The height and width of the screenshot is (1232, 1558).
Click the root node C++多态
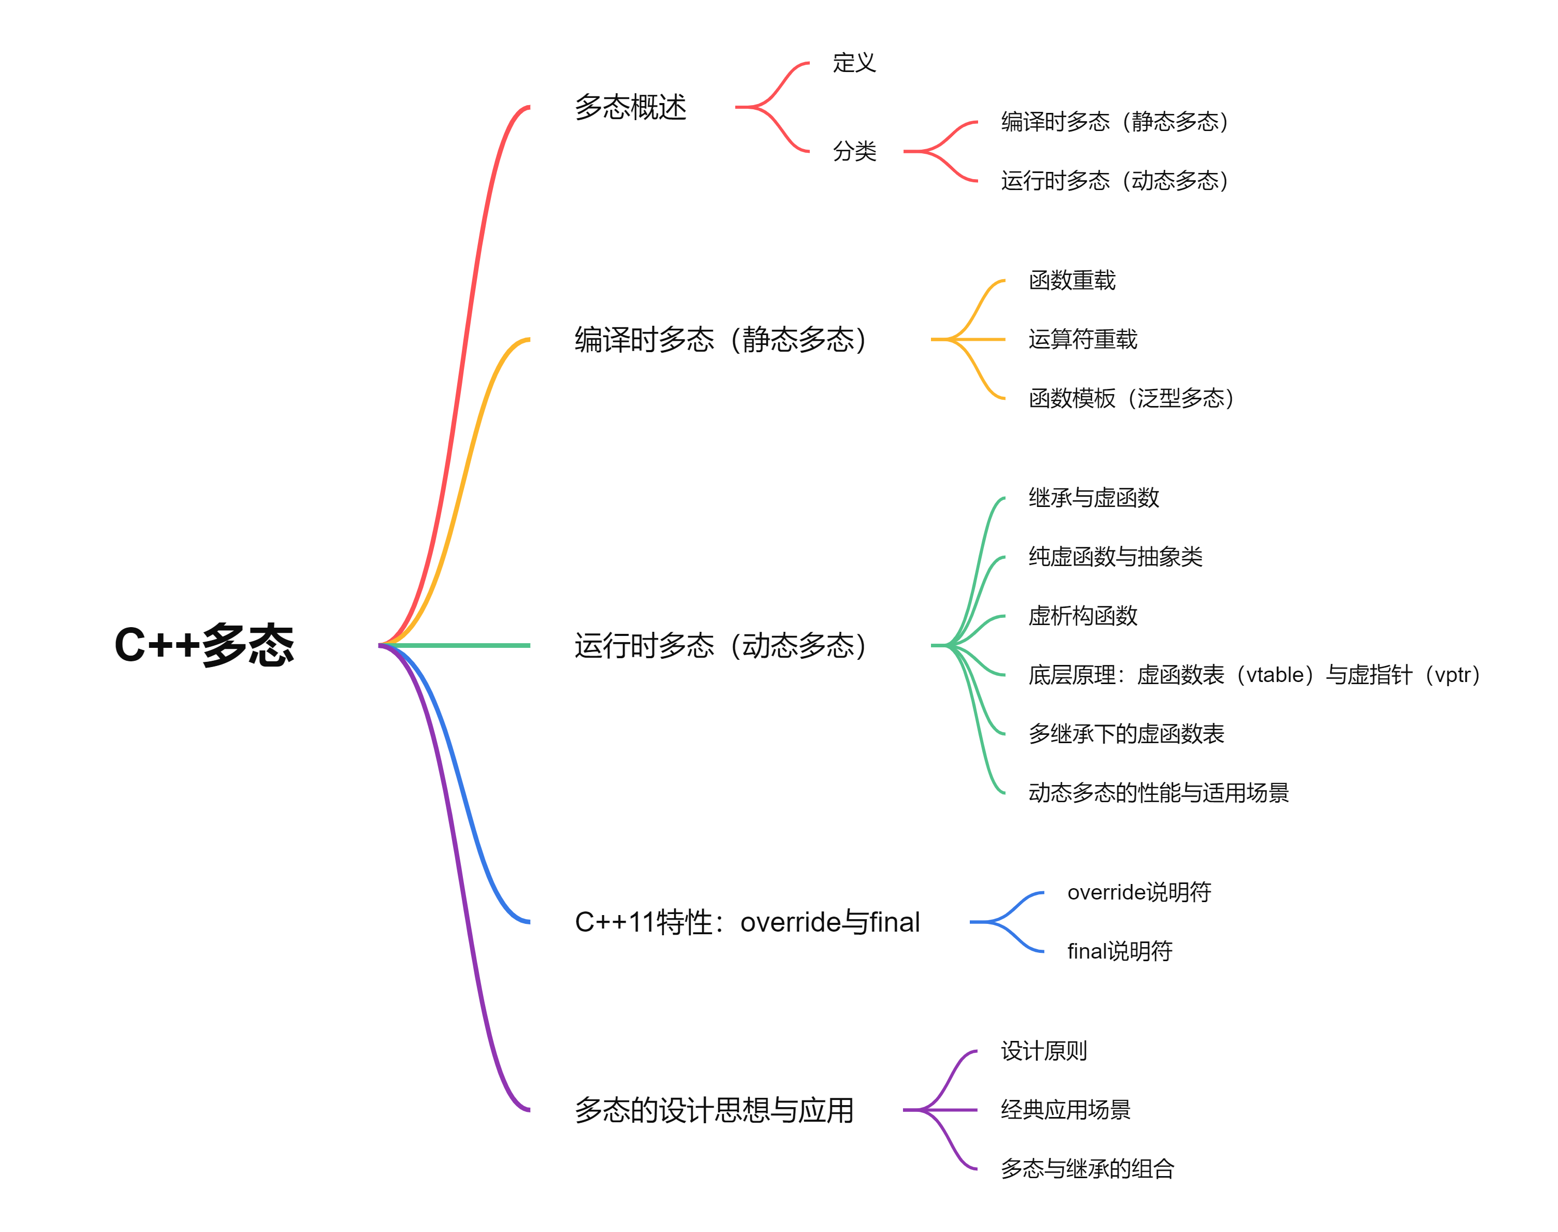(x=204, y=645)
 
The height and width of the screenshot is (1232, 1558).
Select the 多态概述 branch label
(x=631, y=107)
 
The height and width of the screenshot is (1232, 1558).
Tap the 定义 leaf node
(x=854, y=63)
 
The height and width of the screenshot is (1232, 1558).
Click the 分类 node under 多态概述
(x=854, y=151)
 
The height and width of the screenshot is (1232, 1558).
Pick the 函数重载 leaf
(x=1072, y=280)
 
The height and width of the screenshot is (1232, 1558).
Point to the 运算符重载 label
(x=1083, y=339)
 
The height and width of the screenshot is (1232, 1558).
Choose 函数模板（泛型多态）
(x=1131, y=398)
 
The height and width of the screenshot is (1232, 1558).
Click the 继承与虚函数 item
(x=1094, y=498)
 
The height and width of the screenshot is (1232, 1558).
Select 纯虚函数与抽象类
(x=1115, y=557)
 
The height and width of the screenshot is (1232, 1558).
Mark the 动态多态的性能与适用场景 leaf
(x=1158, y=793)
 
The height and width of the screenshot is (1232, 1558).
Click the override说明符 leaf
(x=1139, y=892)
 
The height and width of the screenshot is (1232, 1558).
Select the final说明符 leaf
(x=1119, y=951)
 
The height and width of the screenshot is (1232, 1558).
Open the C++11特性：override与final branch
(x=747, y=922)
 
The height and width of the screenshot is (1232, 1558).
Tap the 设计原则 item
(x=1044, y=1051)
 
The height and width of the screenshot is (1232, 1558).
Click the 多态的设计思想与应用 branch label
(x=714, y=1110)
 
